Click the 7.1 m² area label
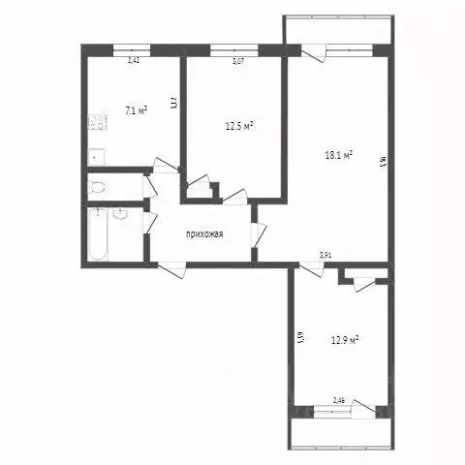[x=137, y=111]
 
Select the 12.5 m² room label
[x=238, y=125]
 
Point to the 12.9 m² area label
[x=344, y=340]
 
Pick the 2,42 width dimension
[x=135, y=60]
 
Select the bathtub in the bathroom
[x=98, y=236]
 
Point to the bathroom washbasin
[x=120, y=215]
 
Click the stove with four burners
[x=97, y=122]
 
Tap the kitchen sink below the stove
[x=96, y=154]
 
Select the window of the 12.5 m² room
[x=232, y=48]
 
